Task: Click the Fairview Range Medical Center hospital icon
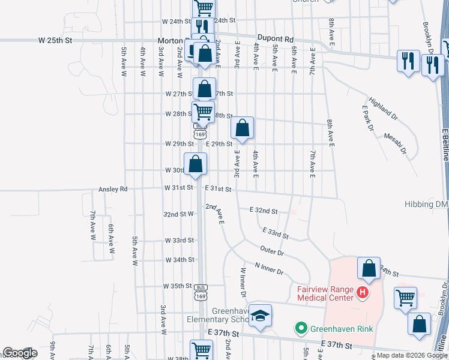363,292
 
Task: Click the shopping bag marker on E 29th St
243,128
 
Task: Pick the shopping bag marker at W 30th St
196,164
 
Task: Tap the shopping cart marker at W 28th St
203,111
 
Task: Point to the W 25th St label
55,40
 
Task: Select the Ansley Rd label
113,189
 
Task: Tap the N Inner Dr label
269,268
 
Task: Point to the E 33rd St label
276,233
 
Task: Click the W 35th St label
178,286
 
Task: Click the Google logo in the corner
20,353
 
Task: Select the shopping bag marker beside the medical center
369,269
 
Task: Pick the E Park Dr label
367,118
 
